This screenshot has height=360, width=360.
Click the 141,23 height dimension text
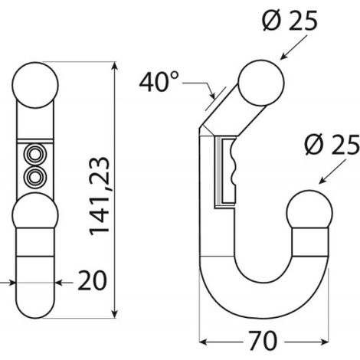[100, 196]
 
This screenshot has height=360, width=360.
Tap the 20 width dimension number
[92, 281]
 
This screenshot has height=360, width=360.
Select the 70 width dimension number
[263, 341]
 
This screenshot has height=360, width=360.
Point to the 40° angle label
[159, 82]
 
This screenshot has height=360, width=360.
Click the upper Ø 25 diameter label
[290, 20]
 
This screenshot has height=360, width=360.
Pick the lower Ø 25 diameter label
[332, 145]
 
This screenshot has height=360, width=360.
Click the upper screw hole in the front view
[35, 155]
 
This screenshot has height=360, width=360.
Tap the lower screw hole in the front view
[35, 176]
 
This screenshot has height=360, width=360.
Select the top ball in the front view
[35, 85]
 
